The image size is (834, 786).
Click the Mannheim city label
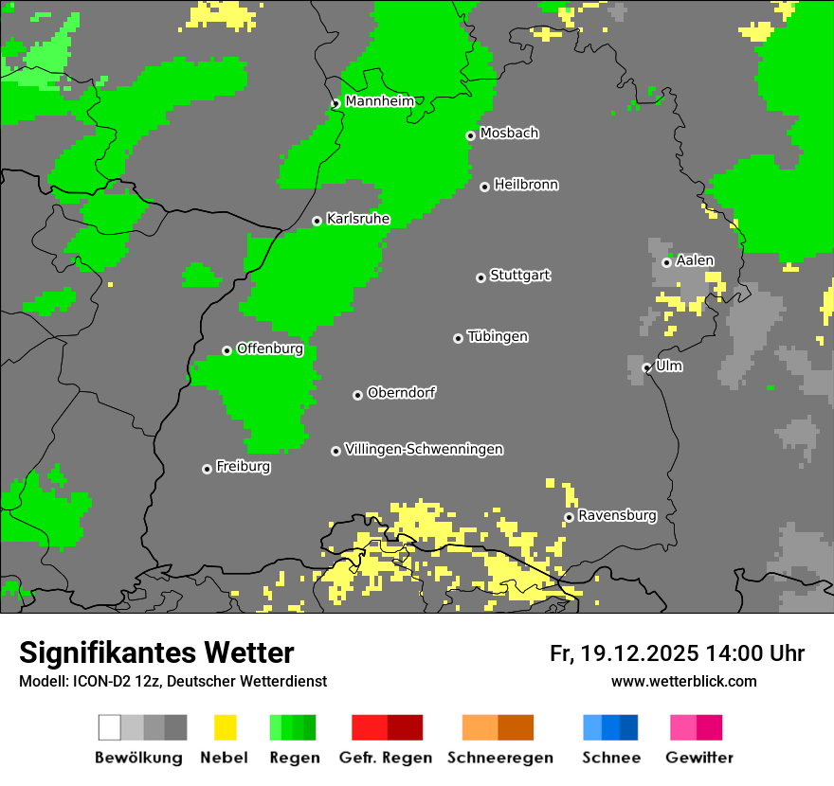point(379,101)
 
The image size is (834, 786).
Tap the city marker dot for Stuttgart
point(480,277)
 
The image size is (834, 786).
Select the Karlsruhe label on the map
point(357,219)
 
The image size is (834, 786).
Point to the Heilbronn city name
point(526,185)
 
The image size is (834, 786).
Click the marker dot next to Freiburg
point(207,469)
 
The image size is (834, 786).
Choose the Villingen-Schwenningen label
point(424,449)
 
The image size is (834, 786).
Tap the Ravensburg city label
point(617,515)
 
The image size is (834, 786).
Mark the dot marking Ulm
point(646,367)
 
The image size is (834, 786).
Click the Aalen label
point(695,260)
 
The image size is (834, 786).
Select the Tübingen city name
point(498,336)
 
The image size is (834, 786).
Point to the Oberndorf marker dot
point(357,395)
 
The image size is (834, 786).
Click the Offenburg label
point(269,348)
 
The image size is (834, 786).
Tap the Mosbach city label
point(509,134)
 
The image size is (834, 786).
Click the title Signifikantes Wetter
point(156,652)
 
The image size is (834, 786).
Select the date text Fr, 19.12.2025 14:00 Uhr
point(677,653)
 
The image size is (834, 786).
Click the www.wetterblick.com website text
point(683,681)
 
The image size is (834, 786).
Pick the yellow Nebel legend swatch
point(225,727)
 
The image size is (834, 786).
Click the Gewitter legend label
point(698,758)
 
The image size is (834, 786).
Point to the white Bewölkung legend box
point(109,727)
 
